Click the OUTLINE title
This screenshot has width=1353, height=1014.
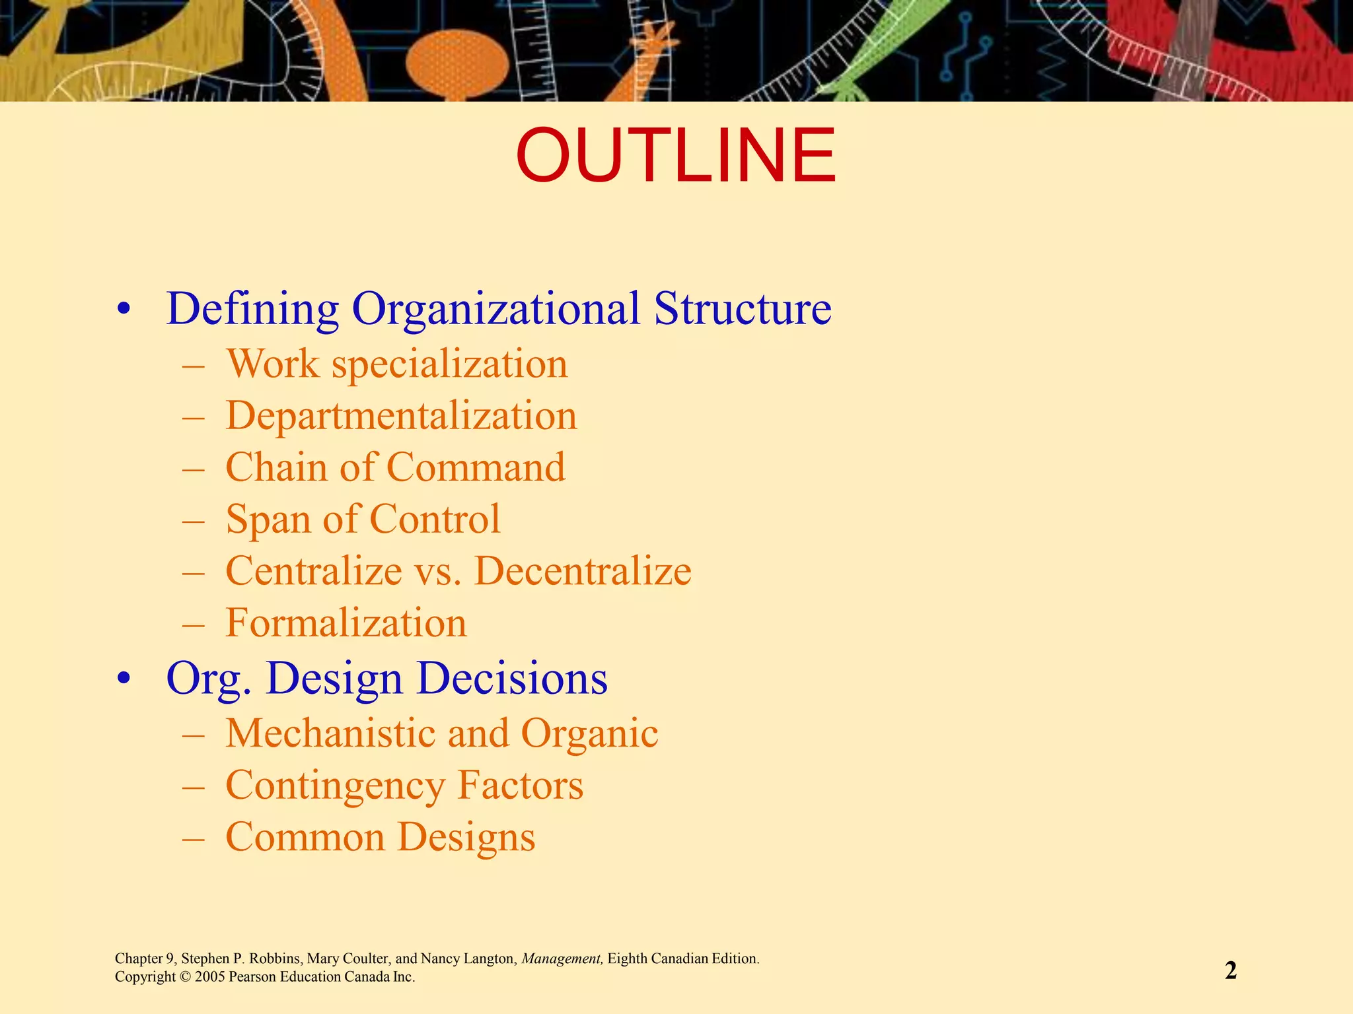coord(675,156)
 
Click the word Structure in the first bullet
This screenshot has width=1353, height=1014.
coord(742,308)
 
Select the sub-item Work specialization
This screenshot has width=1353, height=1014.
coord(396,364)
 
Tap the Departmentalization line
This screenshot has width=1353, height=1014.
coord(401,416)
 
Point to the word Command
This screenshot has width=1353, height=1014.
coord(476,467)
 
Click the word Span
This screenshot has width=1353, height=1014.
coord(268,520)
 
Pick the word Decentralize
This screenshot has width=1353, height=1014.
coord(582,571)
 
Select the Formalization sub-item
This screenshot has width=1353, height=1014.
coord(346,623)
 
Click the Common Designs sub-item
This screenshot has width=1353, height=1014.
coord(380,837)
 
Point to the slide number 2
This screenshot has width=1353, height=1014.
coord(1230,970)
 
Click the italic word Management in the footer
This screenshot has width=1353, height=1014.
coord(562,959)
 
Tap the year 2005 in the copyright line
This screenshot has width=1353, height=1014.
coord(210,977)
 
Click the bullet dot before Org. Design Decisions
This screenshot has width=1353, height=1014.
coord(124,679)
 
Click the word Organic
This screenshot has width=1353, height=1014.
coord(589,733)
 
